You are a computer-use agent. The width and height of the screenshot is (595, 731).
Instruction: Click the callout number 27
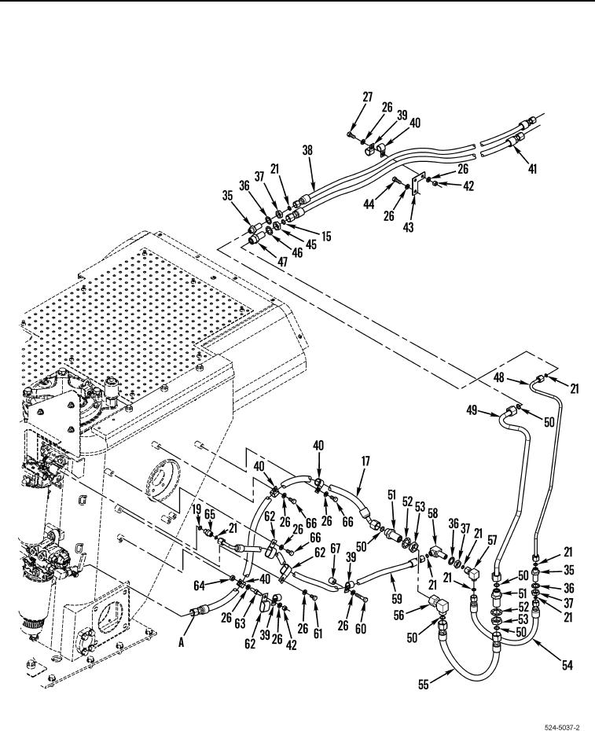click(x=367, y=97)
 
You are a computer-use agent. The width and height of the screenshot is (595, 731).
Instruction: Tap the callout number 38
click(x=307, y=151)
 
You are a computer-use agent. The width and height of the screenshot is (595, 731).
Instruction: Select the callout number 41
click(x=531, y=169)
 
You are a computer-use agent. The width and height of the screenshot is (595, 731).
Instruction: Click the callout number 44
click(x=369, y=204)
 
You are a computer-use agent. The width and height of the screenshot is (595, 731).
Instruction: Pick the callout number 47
click(x=283, y=262)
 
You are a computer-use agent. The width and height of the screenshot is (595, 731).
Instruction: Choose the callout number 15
click(x=326, y=237)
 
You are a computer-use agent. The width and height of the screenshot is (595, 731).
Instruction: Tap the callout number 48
click(x=499, y=377)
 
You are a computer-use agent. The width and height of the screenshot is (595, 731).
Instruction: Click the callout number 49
click(x=472, y=410)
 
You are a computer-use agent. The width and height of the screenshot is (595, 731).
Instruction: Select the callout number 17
click(x=365, y=461)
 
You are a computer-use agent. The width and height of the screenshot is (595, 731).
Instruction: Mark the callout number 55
click(x=423, y=685)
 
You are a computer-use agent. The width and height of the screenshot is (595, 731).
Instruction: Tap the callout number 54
click(x=567, y=665)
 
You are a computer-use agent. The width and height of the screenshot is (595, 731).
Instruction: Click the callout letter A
click(x=181, y=643)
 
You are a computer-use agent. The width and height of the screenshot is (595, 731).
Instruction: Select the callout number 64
click(x=199, y=585)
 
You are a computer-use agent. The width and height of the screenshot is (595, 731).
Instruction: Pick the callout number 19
click(x=196, y=509)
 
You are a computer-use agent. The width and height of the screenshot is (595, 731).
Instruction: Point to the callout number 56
click(x=399, y=615)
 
